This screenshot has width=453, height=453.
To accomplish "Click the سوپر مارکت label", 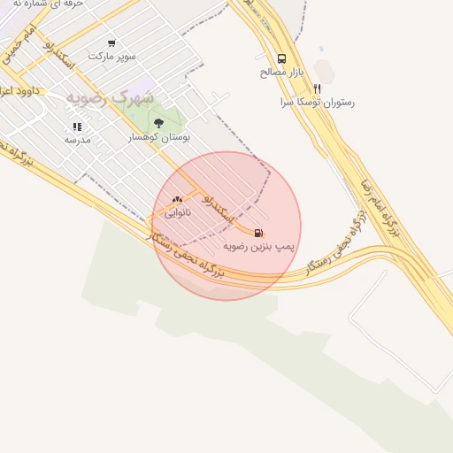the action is (111, 56).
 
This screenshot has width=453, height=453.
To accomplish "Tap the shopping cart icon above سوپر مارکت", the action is (111, 42).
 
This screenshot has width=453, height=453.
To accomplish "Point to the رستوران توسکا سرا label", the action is (317, 102).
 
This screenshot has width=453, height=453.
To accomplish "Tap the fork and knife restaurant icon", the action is (317, 88).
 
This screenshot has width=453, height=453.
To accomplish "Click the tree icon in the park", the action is (158, 123).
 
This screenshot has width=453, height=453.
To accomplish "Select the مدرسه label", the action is (78, 140).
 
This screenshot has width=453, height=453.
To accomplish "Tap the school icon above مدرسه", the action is (77, 127).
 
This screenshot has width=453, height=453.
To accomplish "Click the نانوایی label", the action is (177, 213).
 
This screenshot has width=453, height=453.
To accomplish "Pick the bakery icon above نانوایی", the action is (177, 200).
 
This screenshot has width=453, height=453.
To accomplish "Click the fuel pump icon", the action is (258, 233).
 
